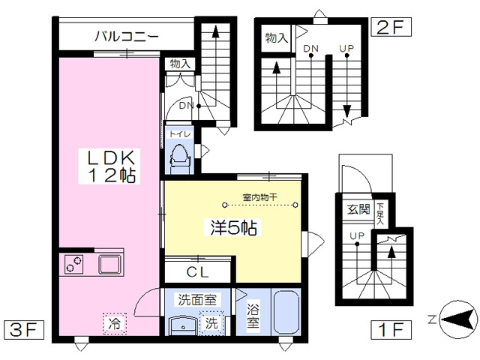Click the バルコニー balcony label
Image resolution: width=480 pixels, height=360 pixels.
point(127,36)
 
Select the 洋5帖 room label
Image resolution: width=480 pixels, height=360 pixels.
point(233,227)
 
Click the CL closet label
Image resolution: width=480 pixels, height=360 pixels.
point(197,271)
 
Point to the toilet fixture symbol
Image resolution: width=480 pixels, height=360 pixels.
point(180,158)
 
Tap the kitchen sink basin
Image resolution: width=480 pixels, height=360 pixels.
point(109,265)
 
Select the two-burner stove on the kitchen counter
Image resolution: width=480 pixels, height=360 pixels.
point(73,265)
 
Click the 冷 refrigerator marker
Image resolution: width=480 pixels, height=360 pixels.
point(115,323)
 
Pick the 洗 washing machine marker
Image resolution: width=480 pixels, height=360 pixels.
point(211,322)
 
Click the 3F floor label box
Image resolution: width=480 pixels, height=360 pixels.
point(24,330)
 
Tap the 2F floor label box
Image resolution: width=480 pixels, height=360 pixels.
point(391,27)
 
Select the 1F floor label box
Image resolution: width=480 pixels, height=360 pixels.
point(391,330)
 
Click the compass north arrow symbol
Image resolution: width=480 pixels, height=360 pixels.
point(458,320)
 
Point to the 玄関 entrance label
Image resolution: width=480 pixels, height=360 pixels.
point(358,209)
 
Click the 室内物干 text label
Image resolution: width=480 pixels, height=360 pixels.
point(260,197)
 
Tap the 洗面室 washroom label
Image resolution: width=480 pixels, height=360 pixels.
point(197,300)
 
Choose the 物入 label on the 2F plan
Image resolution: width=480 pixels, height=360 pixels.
point(277,38)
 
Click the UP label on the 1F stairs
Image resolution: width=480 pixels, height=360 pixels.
point(357,235)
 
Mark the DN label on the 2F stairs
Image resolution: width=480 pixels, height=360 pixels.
point(311,48)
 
